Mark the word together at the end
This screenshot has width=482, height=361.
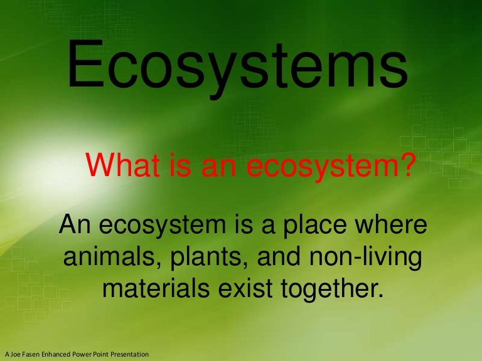(x=333, y=290)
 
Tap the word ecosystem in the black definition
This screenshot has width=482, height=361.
(x=168, y=226)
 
